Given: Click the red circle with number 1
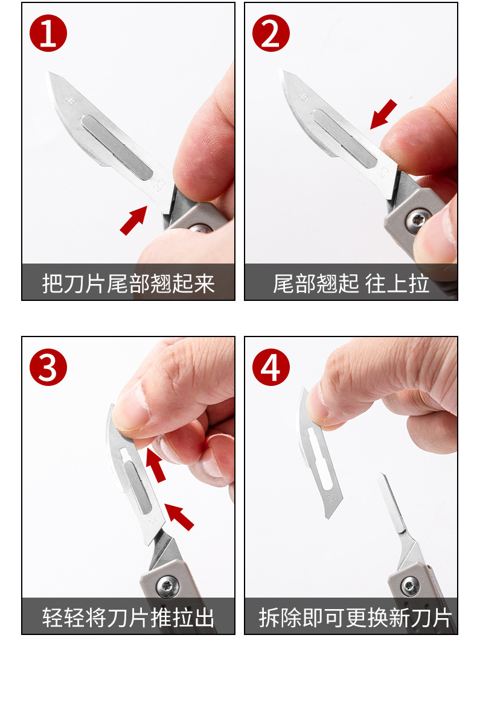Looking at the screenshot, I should (x=48, y=34).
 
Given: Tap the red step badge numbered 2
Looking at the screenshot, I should (x=271, y=34).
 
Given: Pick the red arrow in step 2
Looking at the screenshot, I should (x=383, y=115).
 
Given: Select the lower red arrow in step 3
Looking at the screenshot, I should (x=180, y=516).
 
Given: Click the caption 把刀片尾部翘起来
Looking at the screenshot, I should (x=128, y=283).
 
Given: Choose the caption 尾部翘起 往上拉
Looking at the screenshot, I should (x=351, y=283).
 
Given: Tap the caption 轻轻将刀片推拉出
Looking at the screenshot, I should (x=128, y=617).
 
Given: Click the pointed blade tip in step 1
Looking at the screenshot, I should (x=51, y=75).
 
